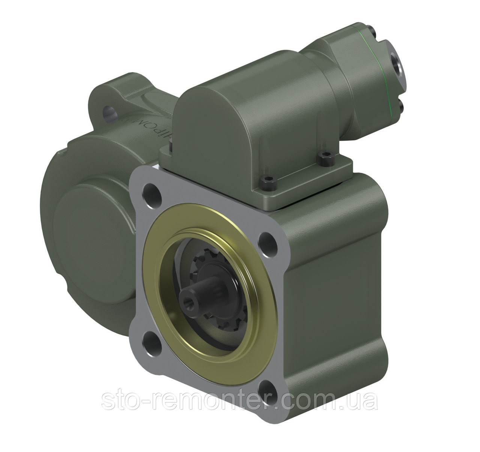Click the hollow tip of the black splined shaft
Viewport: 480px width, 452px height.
pyautogui.click(x=186, y=299)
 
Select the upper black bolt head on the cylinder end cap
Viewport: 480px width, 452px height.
pyautogui.click(x=371, y=29)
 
